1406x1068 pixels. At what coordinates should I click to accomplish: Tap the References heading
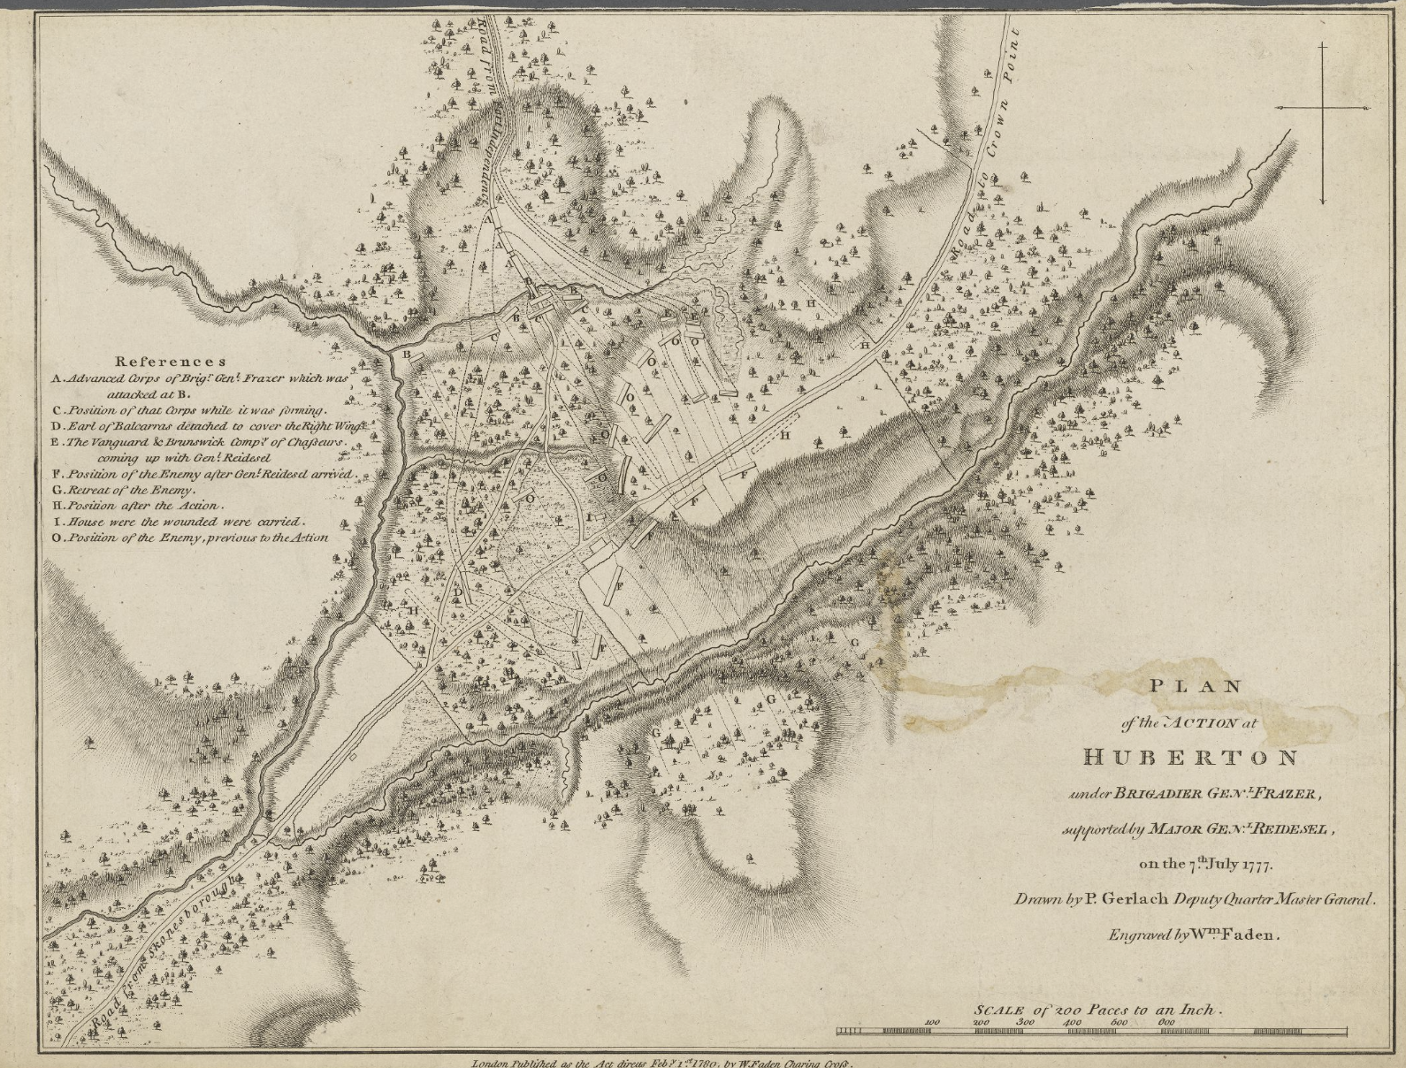pyautogui.click(x=172, y=361)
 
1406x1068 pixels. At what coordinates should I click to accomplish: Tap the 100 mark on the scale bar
pyautogui.click(x=931, y=1021)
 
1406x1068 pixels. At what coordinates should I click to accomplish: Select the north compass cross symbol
pyautogui.click(x=1323, y=108)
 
